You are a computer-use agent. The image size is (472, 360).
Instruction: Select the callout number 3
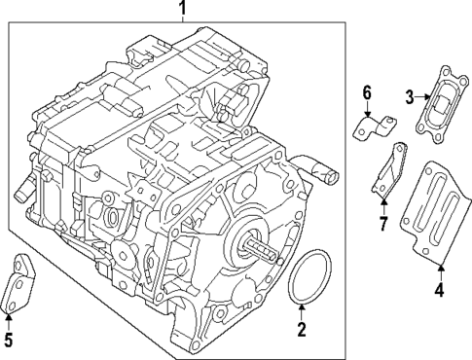(410, 94)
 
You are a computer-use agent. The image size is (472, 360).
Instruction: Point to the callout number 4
(439, 289)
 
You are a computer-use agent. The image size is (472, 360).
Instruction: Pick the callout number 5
(9, 340)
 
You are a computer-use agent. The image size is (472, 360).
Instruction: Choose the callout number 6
(367, 93)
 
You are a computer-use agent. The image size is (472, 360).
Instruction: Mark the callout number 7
(382, 226)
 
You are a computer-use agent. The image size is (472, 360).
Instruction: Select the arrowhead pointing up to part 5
(9, 315)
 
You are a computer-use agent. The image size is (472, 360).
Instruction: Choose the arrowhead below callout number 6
(367, 115)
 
